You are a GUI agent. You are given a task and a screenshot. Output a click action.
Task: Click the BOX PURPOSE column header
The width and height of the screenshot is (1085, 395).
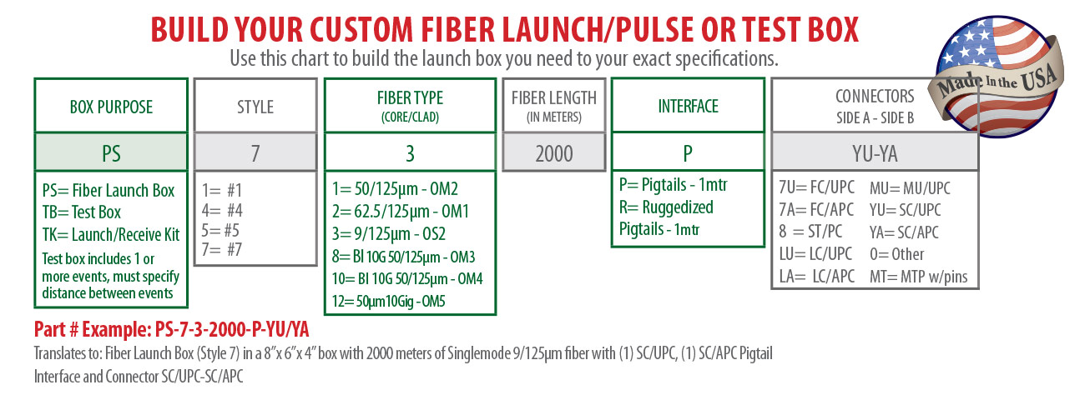pos(111,107)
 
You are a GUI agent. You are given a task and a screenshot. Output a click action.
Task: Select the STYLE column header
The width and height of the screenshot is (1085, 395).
pos(255,107)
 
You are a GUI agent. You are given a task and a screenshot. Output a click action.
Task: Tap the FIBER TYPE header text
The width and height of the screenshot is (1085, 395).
pos(410,98)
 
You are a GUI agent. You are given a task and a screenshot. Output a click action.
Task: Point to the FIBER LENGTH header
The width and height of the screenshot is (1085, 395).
pos(554,98)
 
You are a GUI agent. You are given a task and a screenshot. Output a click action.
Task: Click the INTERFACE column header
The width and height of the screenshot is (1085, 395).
pos(688,107)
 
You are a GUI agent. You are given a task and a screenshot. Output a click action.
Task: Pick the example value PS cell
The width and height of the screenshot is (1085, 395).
pos(111,153)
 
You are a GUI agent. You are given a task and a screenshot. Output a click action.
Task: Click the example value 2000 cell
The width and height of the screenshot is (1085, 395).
pos(554,153)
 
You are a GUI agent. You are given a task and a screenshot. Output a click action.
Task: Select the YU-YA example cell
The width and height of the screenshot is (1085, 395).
pos(875,153)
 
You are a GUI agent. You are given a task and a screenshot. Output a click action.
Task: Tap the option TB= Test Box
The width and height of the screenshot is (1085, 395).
pos(82,212)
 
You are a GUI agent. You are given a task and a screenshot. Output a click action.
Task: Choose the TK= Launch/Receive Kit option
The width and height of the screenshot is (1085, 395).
pos(110,234)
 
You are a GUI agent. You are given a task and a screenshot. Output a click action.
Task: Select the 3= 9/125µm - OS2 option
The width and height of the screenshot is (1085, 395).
pos(388,234)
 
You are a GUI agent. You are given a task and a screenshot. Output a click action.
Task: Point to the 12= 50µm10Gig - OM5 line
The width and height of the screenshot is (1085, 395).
pos(388,301)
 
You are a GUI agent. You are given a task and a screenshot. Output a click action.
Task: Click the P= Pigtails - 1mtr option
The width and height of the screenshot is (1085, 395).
pos(674,185)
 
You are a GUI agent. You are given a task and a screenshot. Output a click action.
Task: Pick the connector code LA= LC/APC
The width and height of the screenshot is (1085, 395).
pos(816,276)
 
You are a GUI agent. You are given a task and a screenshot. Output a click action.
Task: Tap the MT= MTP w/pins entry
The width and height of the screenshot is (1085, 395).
pos(918,277)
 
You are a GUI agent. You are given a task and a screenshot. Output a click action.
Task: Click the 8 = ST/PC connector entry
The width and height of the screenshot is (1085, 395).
pos(810,232)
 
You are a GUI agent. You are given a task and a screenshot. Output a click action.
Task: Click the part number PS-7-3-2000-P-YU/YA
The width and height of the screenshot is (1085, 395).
pos(231,330)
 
